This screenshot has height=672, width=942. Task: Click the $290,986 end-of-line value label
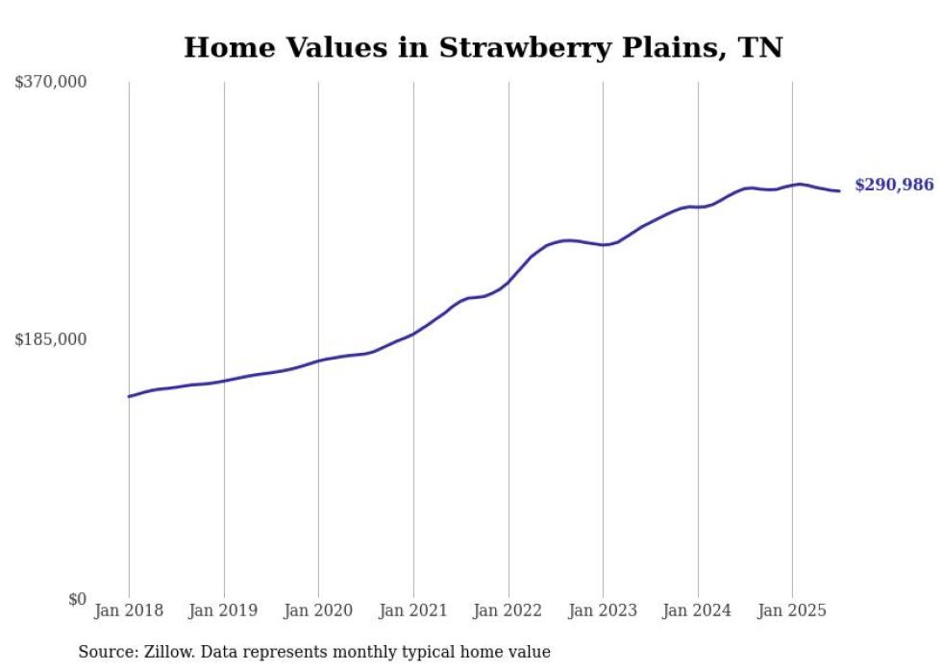click(x=893, y=185)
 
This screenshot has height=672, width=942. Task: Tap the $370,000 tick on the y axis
click(x=51, y=83)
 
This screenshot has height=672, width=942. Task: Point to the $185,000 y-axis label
click(x=51, y=339)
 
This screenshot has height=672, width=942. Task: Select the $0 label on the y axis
click(x=77, y=599)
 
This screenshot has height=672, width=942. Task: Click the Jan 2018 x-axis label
click(x=129, y=610)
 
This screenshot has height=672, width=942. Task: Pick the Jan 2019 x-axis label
click(x=224, y=610)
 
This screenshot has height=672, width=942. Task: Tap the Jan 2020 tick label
click(x=318, y=610)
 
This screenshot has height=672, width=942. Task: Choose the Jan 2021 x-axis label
click(x=413, y=610)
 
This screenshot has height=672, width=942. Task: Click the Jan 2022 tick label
click(x=508, y=610)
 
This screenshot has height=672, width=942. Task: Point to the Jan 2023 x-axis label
click(x=603, y=610)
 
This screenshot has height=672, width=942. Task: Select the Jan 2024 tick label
click(x=698, y=610)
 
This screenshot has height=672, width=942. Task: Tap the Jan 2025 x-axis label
click(x=792, y=610)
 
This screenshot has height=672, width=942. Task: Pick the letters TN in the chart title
click(x=759, y=47)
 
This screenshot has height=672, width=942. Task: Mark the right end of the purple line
click(x=839, y=190)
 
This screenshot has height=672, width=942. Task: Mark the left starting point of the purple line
click(x=129, y=396)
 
